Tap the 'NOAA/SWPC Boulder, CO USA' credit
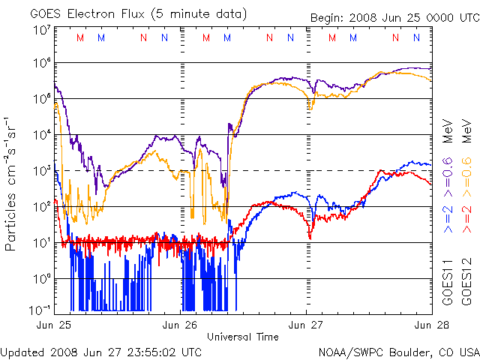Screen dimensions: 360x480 [398, 352]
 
